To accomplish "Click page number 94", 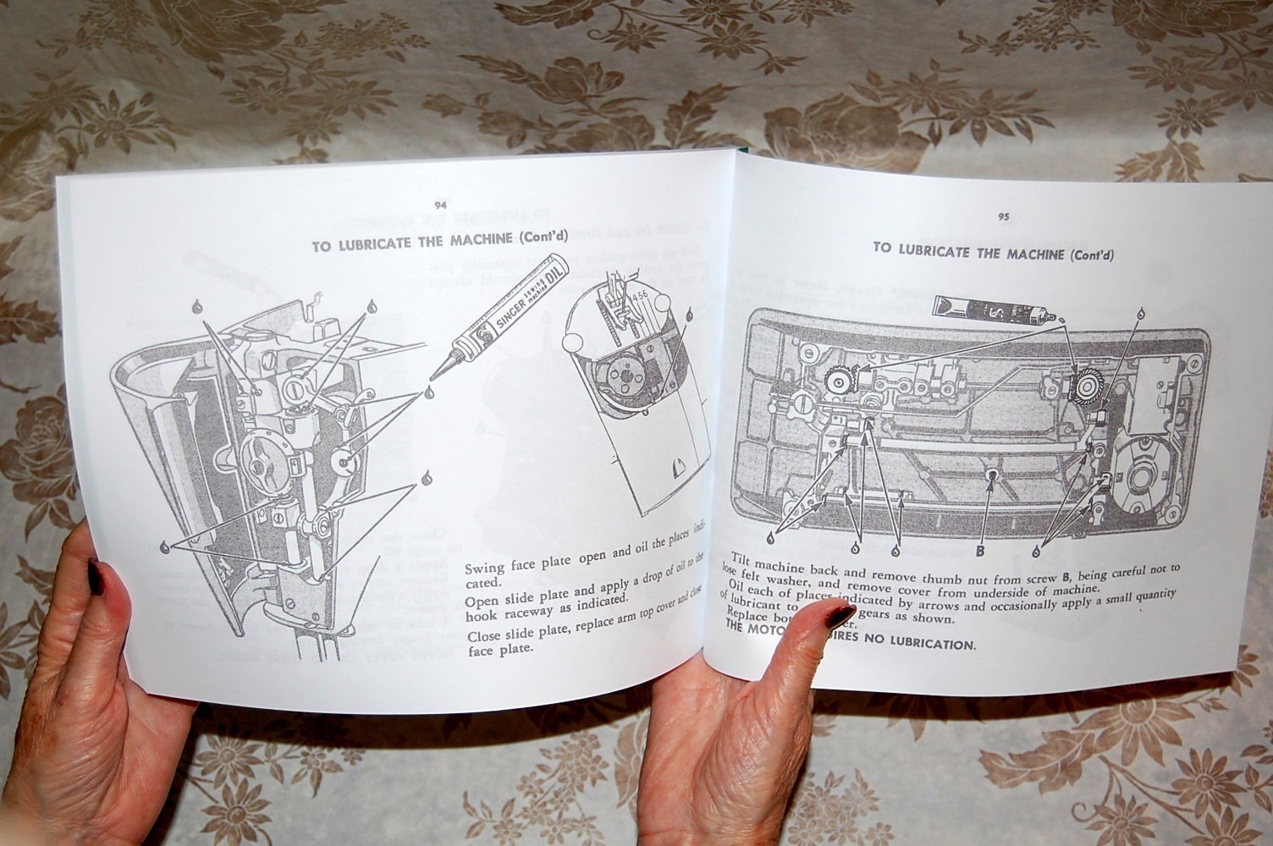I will click(x=439, y=206).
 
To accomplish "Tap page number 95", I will click(x=1003, y=217).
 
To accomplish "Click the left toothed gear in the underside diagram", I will click(x=839, y=382).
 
